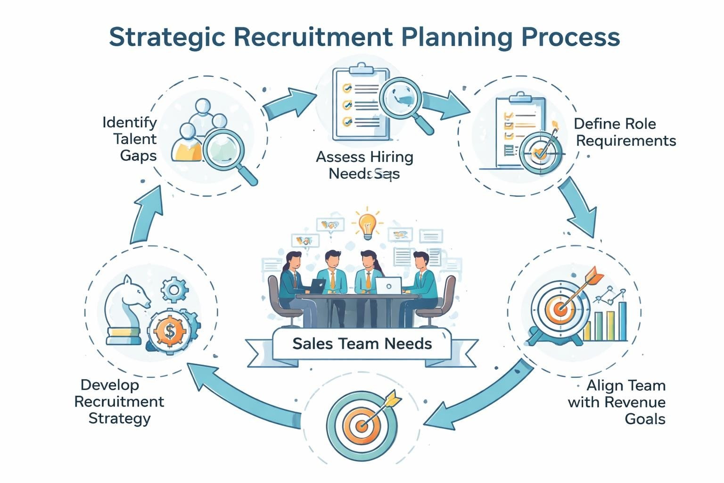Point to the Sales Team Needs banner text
point(362,343)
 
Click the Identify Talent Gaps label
point(130,139)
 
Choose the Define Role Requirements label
point(625,132)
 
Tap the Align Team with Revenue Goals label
point(617,402)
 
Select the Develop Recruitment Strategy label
point(119,401)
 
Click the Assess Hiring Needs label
point(364,165)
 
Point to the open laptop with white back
point(388,286)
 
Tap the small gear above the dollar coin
point(174,291)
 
